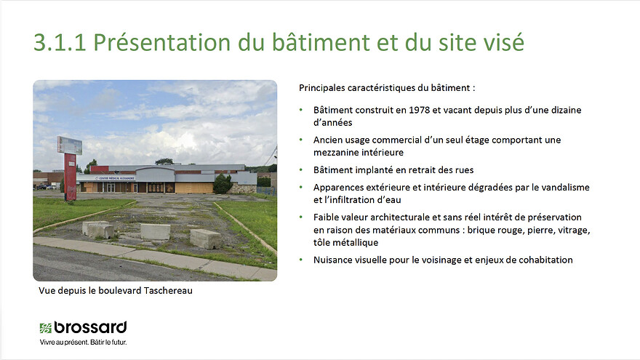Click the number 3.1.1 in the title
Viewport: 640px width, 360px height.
(60, 42)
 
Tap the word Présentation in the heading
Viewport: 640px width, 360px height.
(162, 42)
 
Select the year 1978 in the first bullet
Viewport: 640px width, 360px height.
(419, 110)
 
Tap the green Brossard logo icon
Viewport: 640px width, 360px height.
(45, 328)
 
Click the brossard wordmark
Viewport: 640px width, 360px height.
(90, 327)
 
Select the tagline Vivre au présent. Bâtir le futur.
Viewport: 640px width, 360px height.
(83, 342)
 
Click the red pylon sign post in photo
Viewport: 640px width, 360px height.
(71, 177)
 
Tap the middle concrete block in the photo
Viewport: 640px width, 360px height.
(155, 231)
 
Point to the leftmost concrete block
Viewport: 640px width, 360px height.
(98, 229)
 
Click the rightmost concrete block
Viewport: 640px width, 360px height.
(206, 239)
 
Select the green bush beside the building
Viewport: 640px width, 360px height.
(223, 184)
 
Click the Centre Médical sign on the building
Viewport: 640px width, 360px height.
(115, 178)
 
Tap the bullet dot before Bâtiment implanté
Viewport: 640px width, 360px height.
(301, 169)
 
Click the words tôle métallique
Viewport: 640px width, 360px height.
(345, 242)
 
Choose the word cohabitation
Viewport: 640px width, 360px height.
(545, 260)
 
